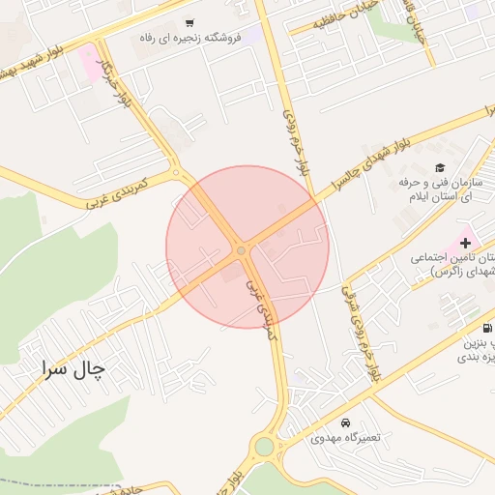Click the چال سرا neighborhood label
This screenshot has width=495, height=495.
(x=73, y=369)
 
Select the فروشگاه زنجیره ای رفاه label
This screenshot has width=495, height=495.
(x=189, y=41)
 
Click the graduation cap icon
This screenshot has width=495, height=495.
(x=441, y=167)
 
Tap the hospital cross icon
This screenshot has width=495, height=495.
(x=466, y=241)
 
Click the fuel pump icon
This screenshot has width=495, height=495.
(x=485, y=327)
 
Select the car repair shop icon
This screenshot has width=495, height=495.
(x=346, y=423)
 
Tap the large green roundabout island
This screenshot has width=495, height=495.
(x=263, y=447)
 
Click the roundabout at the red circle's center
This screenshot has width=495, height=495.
(x=241, y=250)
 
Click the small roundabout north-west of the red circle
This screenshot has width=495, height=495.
(x=175, y=173)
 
